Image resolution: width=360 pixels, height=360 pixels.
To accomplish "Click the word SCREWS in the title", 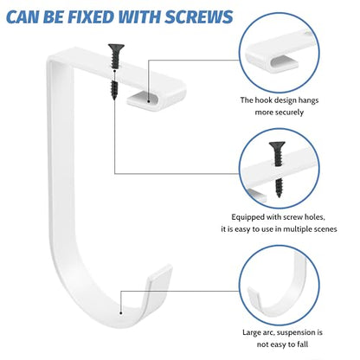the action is click(x=199, y=17).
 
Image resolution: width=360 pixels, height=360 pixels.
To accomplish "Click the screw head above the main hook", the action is click(x=116, y=47).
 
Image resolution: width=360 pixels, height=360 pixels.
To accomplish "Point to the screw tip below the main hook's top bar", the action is click(x=114, y=98).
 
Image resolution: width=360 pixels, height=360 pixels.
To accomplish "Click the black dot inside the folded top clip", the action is click(x=149, y=101).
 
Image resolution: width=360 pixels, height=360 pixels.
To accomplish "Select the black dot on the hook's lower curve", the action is click(x=121, y=312).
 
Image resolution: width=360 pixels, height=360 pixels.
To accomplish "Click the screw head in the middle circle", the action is click(x=277, y=145).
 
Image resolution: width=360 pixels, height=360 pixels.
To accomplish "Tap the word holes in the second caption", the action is click(x=315, y=216).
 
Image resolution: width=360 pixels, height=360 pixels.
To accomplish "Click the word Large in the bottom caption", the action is click(x=252, y=332).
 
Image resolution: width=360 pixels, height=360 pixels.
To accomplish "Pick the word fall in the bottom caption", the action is click(x=303, y=344).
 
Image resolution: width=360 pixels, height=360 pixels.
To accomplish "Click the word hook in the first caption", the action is click(x=263, y=100).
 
